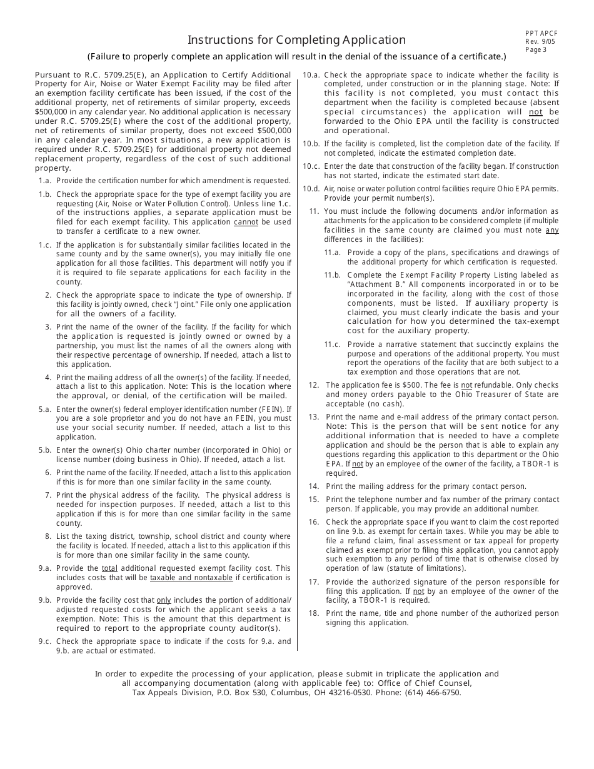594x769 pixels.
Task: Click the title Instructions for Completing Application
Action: point(296,40)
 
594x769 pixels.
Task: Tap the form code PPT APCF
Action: point(541,33)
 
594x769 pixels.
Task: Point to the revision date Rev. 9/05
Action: point(540,42)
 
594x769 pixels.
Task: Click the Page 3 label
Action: point(536,50)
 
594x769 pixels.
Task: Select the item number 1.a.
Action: point(45,181)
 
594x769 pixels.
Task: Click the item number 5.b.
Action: point(45,450)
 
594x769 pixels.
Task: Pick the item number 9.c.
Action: point(45,641)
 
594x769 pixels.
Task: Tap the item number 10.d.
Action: point(311,189)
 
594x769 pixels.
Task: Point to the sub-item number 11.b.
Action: point(332,275)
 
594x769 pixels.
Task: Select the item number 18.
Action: point(314,613)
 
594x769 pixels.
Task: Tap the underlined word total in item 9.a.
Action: point(109,568)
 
